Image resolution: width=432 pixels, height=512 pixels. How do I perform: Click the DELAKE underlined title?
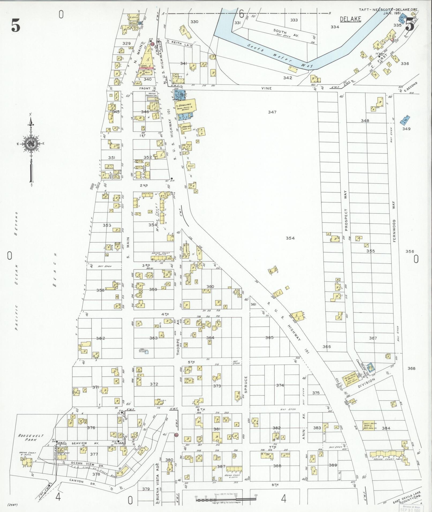(350, 19)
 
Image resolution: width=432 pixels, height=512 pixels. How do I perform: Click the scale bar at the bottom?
(226, 499)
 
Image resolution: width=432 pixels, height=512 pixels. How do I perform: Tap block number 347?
(272, 112)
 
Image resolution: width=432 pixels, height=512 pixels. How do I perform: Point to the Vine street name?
(267, 88)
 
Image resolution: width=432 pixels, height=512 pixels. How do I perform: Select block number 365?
(269, 337)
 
